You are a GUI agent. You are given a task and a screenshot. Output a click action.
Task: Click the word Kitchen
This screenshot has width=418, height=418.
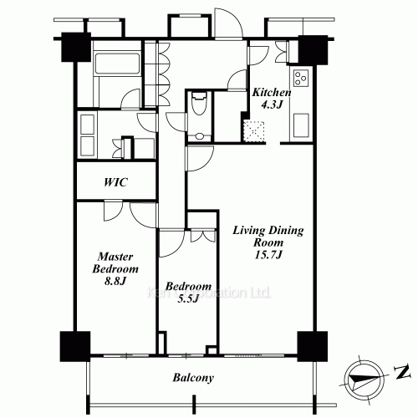[272, 94]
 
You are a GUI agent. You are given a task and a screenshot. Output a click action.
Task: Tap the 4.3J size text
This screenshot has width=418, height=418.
[272, 106]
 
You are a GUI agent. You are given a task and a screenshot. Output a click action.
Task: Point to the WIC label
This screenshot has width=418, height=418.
[116, 181]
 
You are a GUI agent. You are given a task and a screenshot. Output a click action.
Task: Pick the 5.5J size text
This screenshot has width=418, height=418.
[181, 298]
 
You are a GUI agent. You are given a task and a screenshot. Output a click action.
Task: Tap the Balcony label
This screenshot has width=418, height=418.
[194, 378]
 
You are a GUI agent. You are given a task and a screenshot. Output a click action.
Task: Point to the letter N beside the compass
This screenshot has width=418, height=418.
[402, 371]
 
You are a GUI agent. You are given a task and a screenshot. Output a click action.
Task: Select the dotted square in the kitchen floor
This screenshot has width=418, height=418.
[253, 131]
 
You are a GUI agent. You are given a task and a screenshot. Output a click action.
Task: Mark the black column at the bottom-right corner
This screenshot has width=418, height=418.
[310, 344]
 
